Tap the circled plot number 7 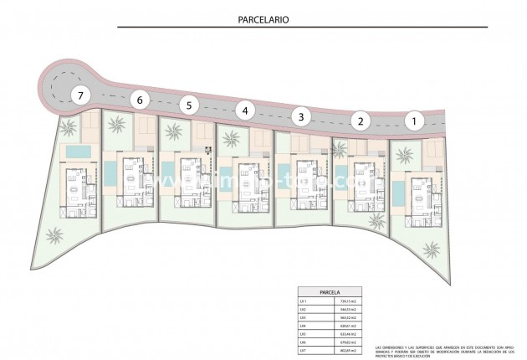(x=80, y=95)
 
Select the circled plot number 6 (x=140, y=101)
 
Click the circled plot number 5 (x=190, y=105)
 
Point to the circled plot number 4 (x=244, y=110)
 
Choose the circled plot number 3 (x=301, y=116)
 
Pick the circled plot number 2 (x=360, y=121)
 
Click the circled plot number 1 (x=413, y=121)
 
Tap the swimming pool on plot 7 (x=78, y=151)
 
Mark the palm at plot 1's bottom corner (x=432, y=249)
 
